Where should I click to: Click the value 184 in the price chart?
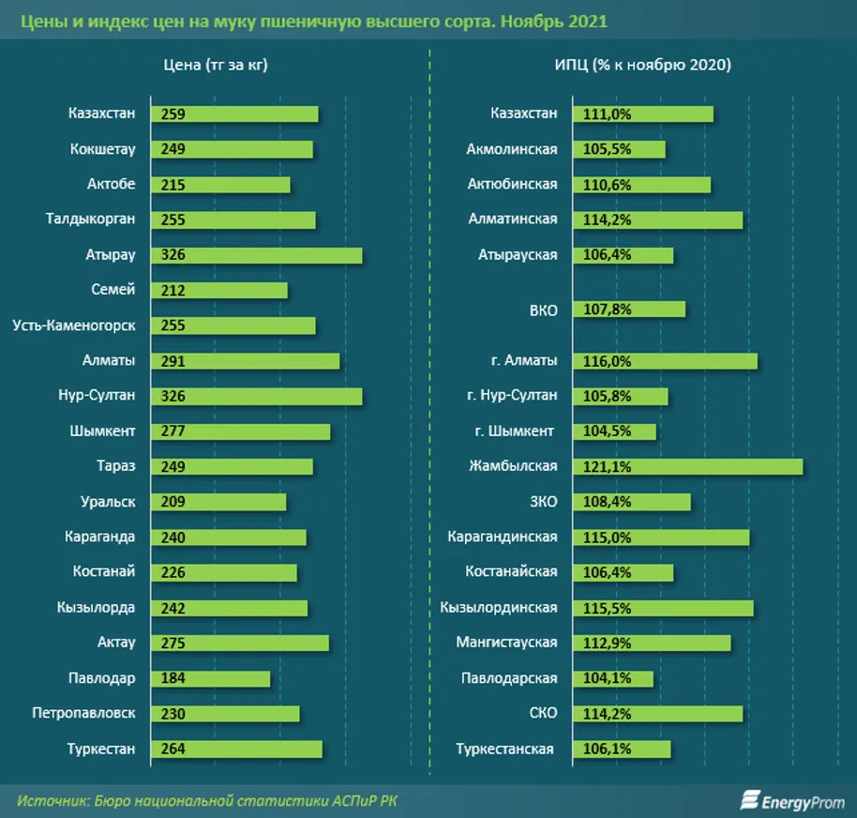click(x=173, y=678)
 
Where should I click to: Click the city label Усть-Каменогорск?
click(x=74, y=326)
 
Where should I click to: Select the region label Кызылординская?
click(x=498, y=608)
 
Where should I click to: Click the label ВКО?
click(x=543, y=309)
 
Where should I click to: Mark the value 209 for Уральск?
click(x=173, y=502)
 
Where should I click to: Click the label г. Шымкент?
click(x=514, y=432)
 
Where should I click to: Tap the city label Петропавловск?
click(x=83, y=713)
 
